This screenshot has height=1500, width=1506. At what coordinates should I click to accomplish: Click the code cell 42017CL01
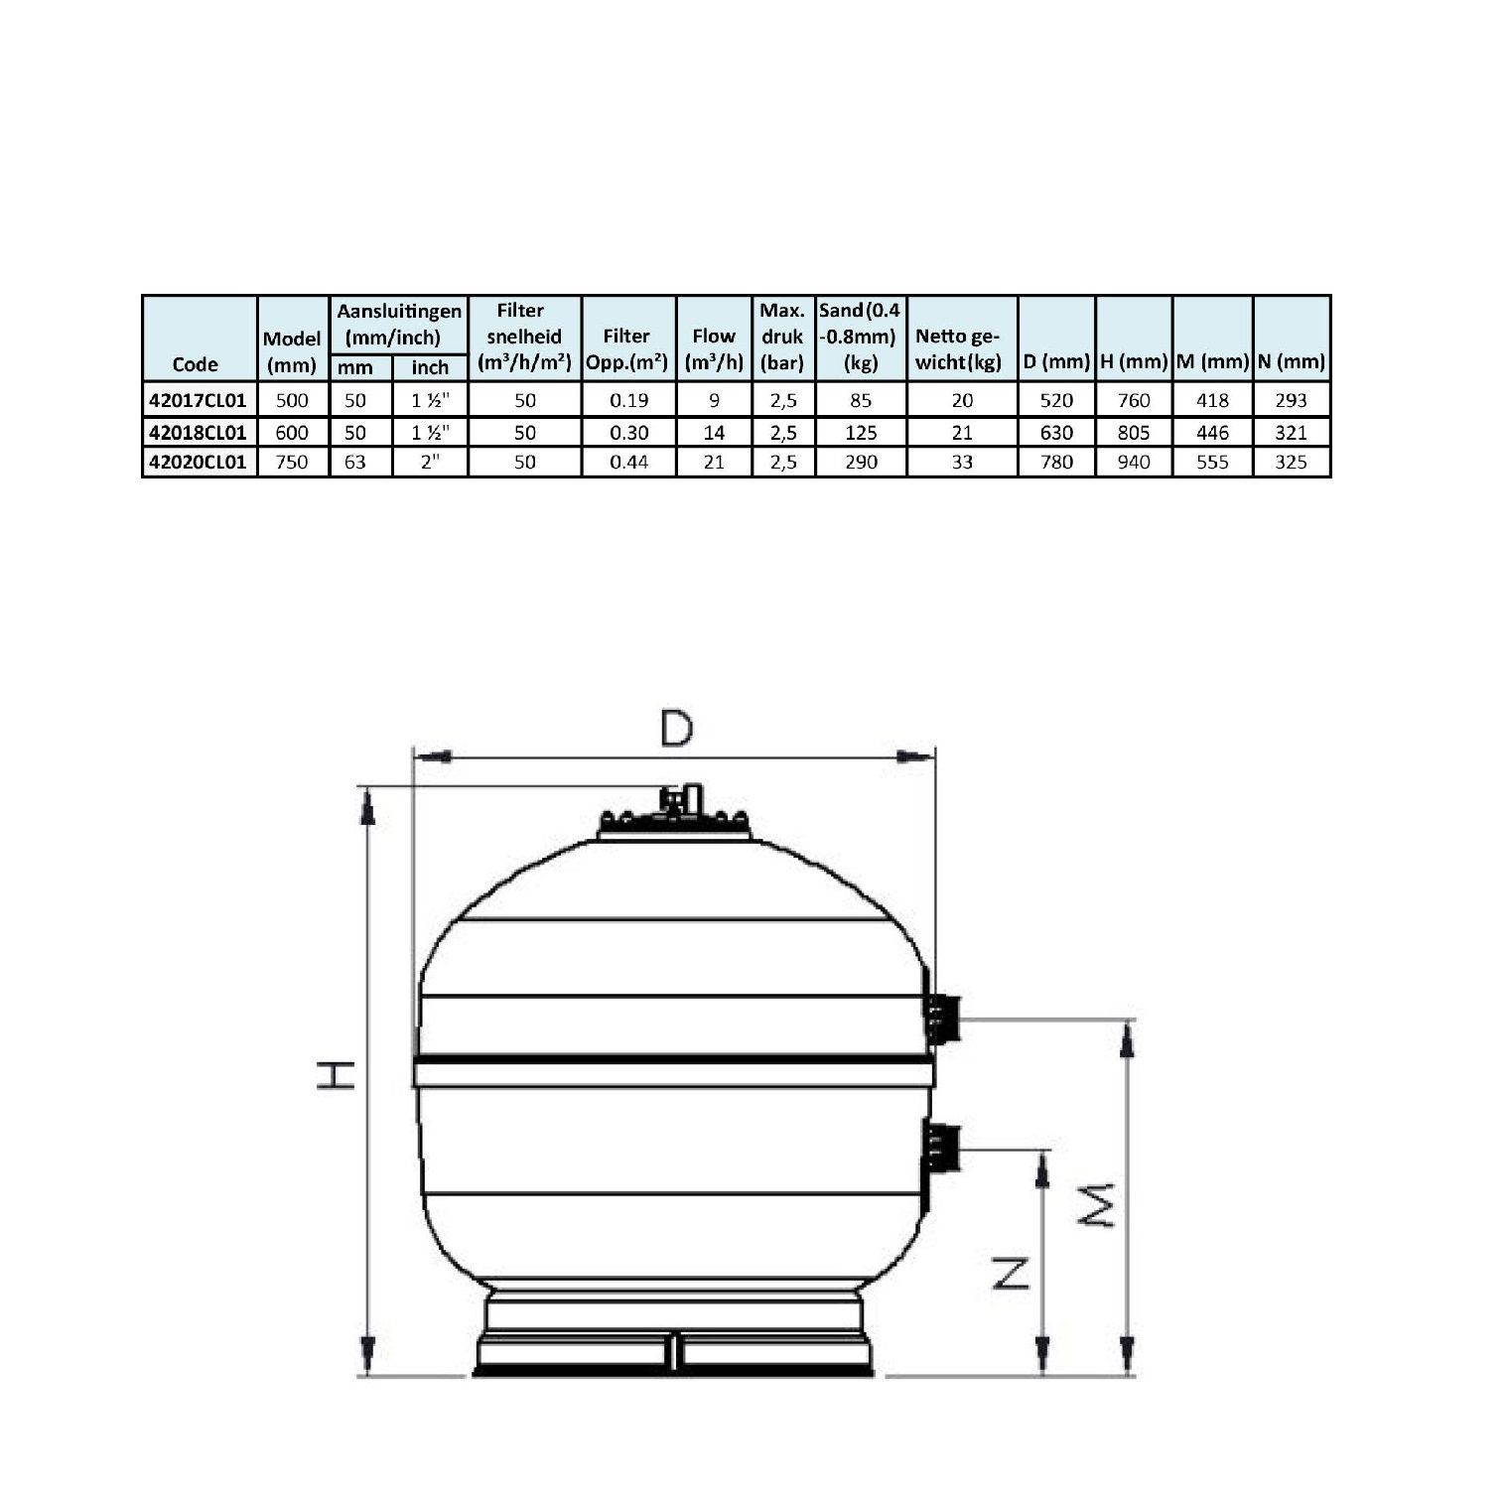pyautogui.click(x=197, y=400)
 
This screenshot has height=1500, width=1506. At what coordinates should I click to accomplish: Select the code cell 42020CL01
pyautogui.click(x=197, y=462)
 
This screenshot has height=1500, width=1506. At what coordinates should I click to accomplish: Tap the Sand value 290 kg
pyautogui.click(x=861, y=462)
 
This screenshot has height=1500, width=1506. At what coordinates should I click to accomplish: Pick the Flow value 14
pyautogui.click(x=714, y=432)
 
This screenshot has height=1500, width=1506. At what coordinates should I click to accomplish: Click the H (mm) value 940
pyautogui.click(x=1134, y=462)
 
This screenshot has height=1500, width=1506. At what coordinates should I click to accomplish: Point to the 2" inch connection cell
pyautogui.click(x=430, y=462)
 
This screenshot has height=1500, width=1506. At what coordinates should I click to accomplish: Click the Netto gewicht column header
pyautogui.click(x=960, y=349)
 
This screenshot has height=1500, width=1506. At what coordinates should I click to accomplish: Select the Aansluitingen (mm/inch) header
pyautogui.click(x=399, y=325)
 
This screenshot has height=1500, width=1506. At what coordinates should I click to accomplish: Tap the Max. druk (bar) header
pyautogui.click(x=782, y=337)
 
